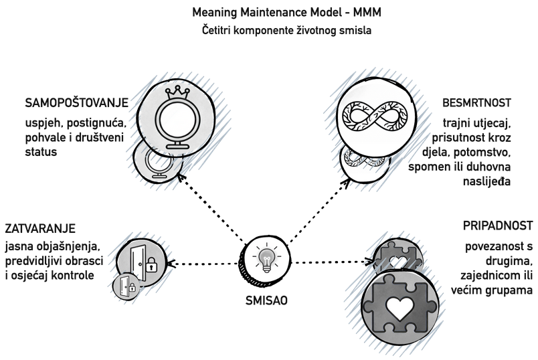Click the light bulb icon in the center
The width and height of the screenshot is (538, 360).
pyautogui.click(x=266, y=260)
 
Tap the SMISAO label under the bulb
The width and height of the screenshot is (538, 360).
pyautogui.click(x=266, y=300)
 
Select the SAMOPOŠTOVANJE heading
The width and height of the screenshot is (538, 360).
pyautogui.click(x=77, y=102)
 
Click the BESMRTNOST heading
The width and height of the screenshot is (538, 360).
pyautogui.click(x=476, y=102)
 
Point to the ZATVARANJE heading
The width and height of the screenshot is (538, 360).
pyautogui.click(x=40, y=229)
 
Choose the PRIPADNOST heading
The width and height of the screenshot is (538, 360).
pyautogui.click(x=498, y=226)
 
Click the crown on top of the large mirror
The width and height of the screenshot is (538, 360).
pyautogui.click(x=177, y=92)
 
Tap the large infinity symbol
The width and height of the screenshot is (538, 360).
pyautogui.click(x=375, y=116)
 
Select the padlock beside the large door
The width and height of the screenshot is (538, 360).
pyautogui.click(x=151, y=265)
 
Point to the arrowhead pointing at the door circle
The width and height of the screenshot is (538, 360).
pyautogui.click(x=171, y=264)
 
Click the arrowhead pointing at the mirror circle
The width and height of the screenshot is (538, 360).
pyautogui.click(x=181, y=177)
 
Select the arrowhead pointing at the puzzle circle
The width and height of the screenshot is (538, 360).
pyautogui.click(x=369, y=262)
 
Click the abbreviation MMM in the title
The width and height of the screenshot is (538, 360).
pyautogui.click(x=367, y=12)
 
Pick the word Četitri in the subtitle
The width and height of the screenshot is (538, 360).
pyautogui.click(x=215, y=30)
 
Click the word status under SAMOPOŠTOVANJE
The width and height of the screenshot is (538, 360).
pyautogui.click(x=41, y=152)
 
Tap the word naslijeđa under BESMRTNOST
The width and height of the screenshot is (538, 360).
pyautogui.click(x=487, y=181)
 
